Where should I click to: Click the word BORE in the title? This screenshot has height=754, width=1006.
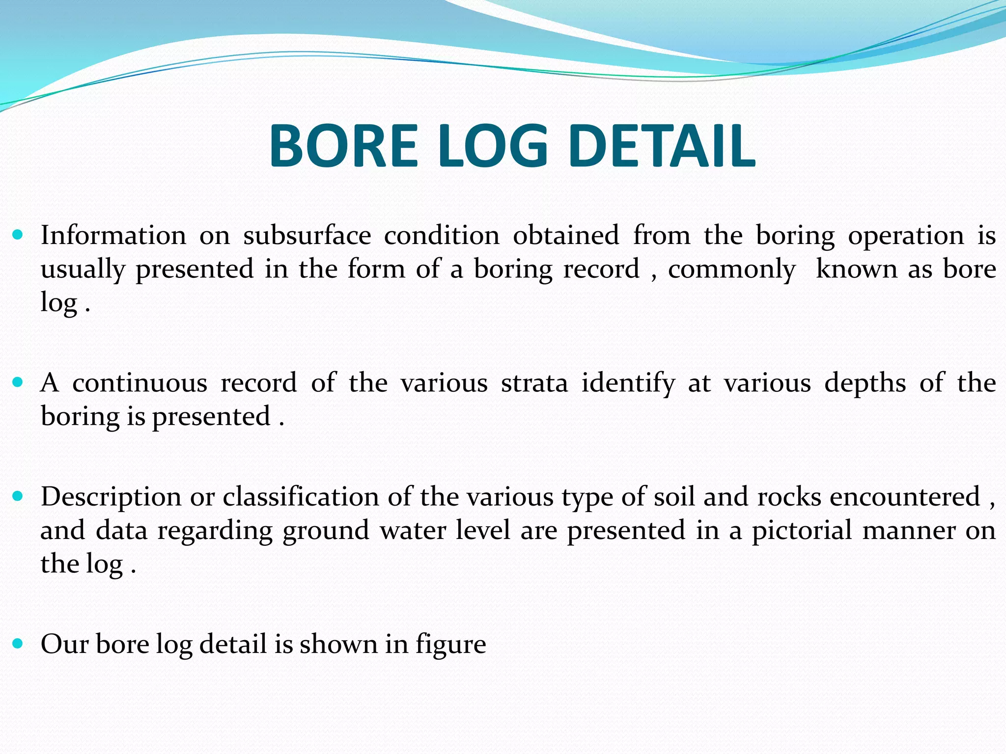click(x=343, y=146)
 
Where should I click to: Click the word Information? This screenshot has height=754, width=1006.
click(x=113, y=235)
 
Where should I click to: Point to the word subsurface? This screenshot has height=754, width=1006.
click(x=307, y=235)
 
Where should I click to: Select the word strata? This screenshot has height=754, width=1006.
click(x=534, y=383)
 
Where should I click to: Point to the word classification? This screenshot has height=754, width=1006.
click(x=301, y=497)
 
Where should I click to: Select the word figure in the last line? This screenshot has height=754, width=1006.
click(x=451, y=645)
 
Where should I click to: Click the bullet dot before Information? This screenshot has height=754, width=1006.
click(x=18, y=235)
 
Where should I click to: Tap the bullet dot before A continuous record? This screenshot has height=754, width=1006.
click(x=18, y=382)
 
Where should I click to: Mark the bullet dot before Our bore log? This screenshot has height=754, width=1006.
click(x=18, y=644)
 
